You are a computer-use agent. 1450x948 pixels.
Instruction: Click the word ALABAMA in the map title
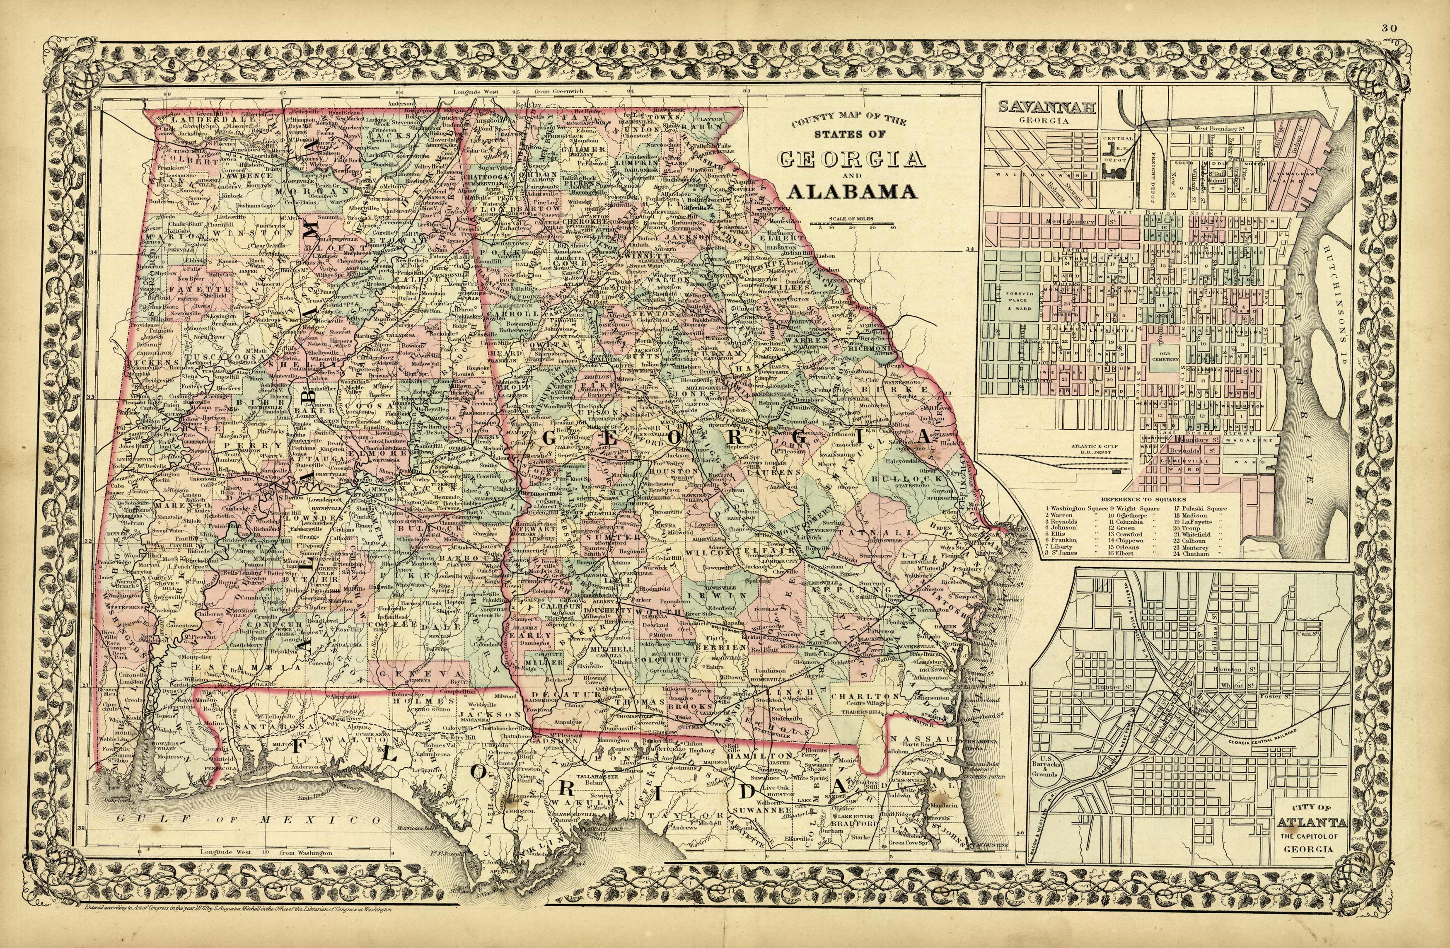pyautogui.click(x=852, y=192)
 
